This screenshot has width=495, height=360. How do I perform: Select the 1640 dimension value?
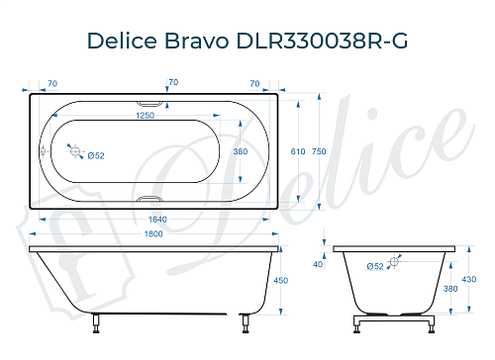tap(150, 220)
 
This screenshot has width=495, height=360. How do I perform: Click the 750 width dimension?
tap(319, 151)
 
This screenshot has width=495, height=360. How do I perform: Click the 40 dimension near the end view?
tap(318, 265)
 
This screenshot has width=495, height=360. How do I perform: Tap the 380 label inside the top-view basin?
tap(239, 151)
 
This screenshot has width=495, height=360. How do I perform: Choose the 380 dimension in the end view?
tap(450, 289)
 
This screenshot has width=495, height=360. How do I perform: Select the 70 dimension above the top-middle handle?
tap(173, 82)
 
